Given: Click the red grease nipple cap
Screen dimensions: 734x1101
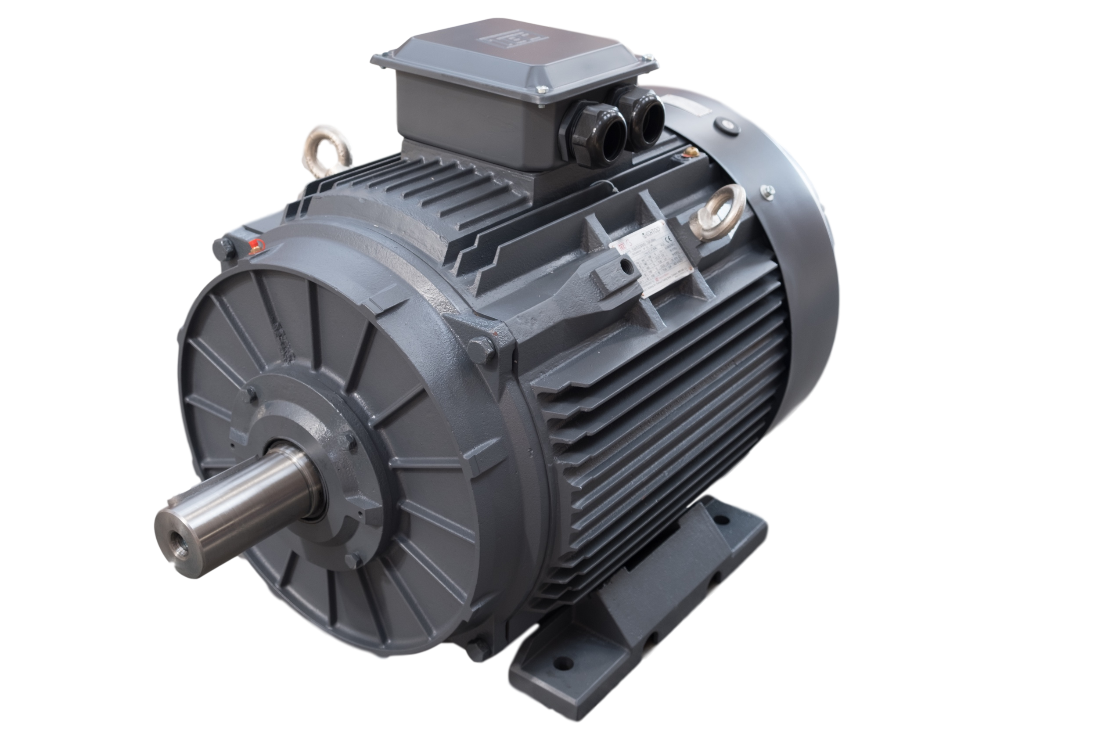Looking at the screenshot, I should (255, 245).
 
